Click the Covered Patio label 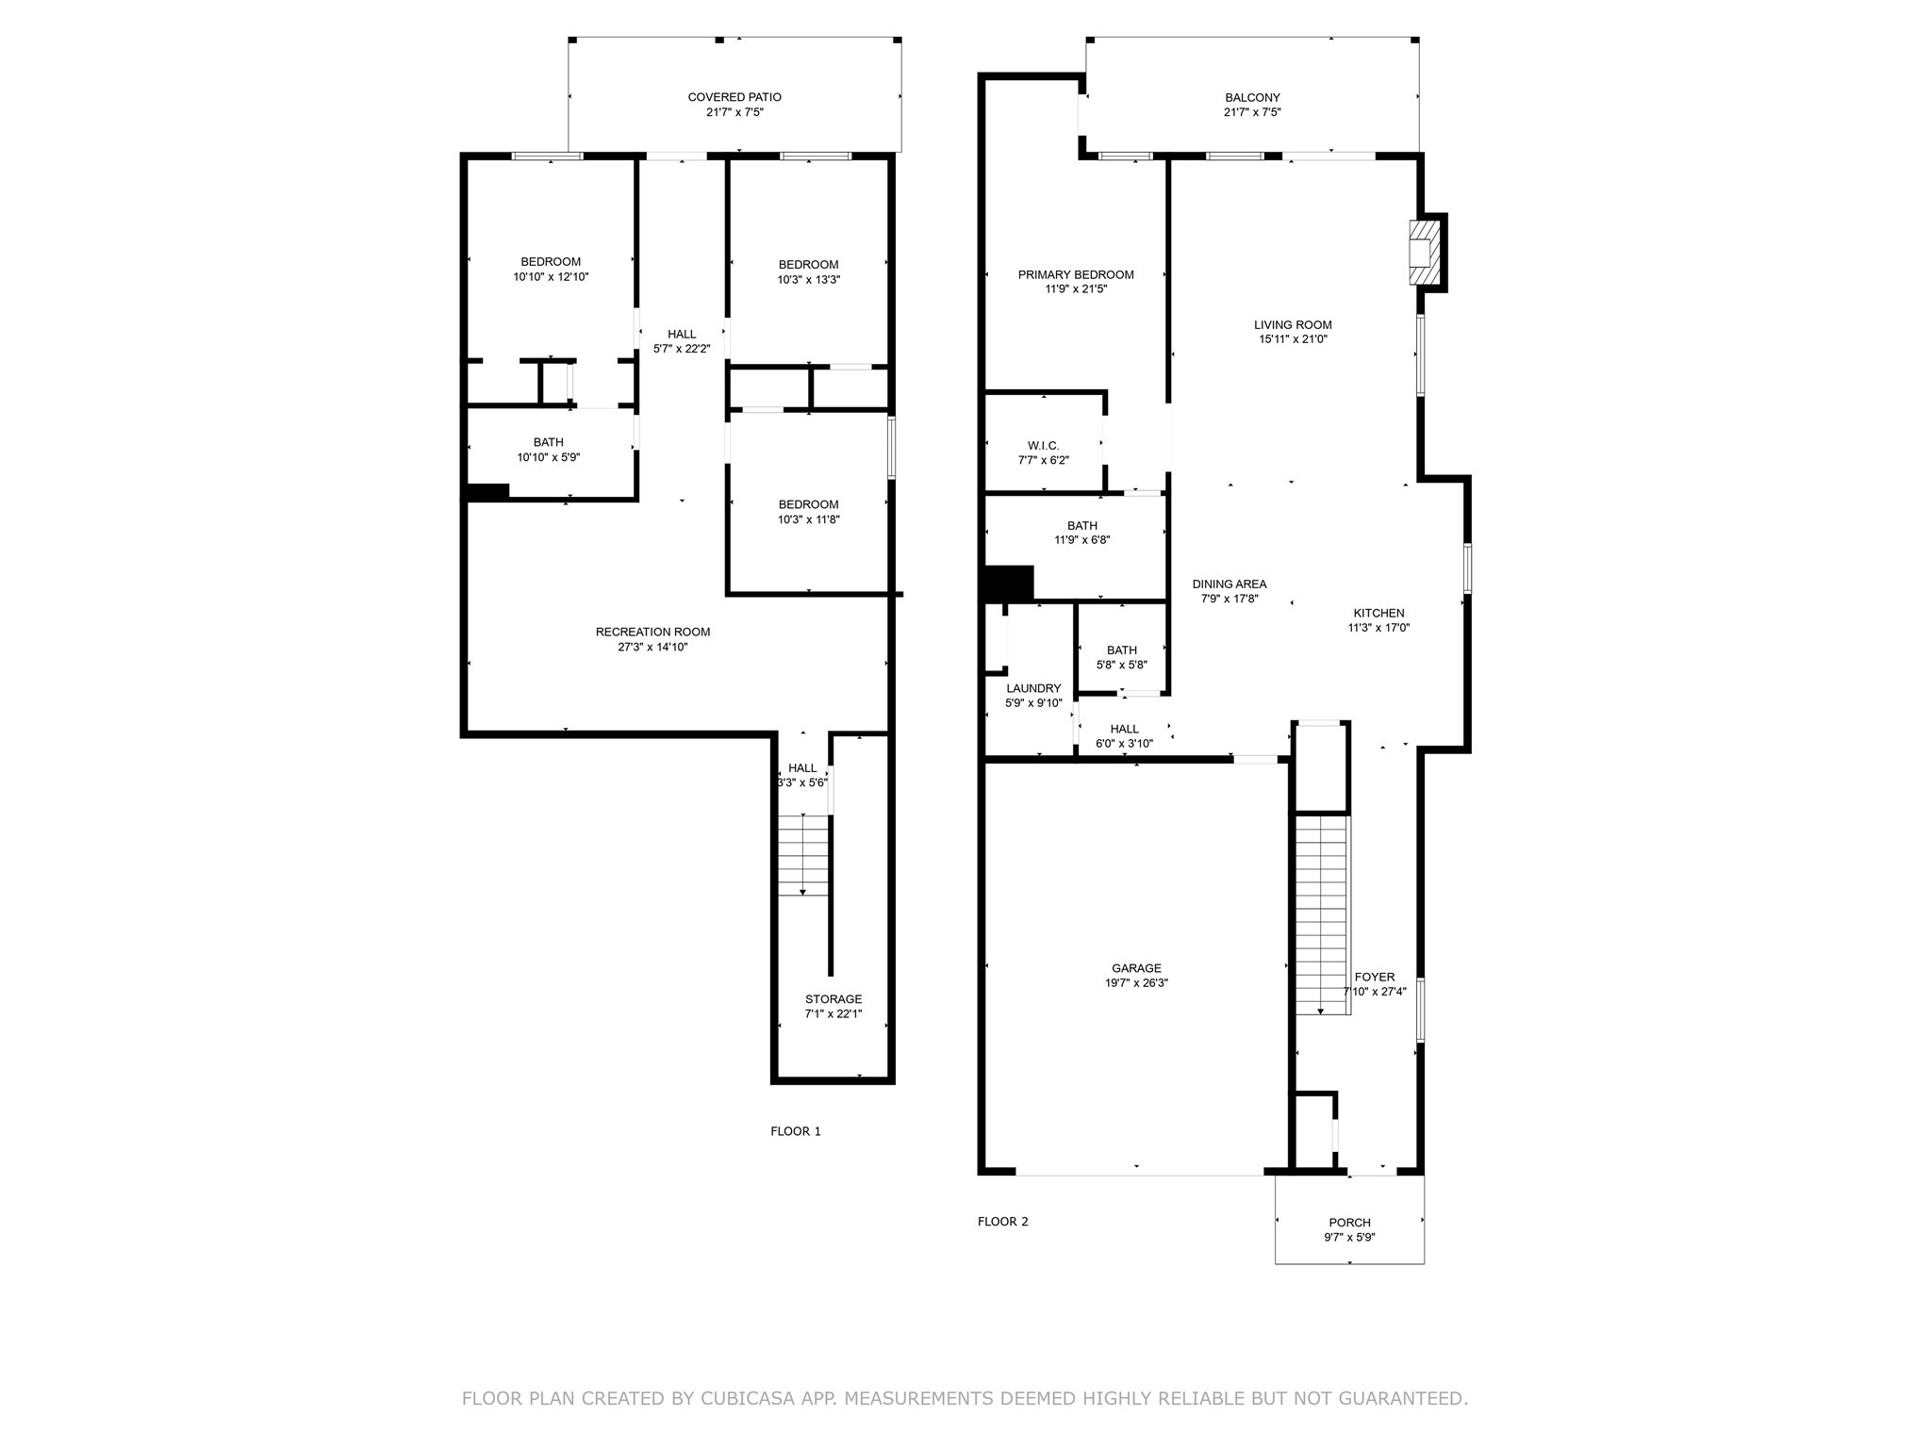[x=734, y=97]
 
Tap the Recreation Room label [x=652, y=632]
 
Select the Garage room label [x=1136, y=968]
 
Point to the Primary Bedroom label [x=1076, y=275]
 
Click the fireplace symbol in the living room [x=1425, y=253]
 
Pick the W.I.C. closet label [x=1044, y=445]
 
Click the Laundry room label [x=1033, y=688]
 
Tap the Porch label [x=1349, y=1223]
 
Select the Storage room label [x=833, y=999]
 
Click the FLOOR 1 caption [x=796, y=1131]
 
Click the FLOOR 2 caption [x=1003, y=1222]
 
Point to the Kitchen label [x=1378, y=613]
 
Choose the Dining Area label [x=1230, y=584]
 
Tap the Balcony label [x=1252, y=97]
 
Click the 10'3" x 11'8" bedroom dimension [x=809, y=519]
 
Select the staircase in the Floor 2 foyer [x=1323, y=915]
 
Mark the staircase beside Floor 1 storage [x=803, y=855]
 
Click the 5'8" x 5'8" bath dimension [x=1122, y=665]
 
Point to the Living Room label [x=1293, y=325]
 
